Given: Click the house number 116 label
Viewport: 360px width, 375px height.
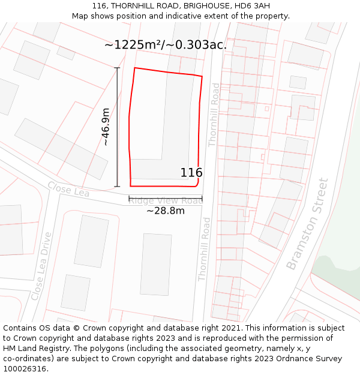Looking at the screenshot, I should point(191,173).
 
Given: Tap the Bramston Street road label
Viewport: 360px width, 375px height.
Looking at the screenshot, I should point(307,224).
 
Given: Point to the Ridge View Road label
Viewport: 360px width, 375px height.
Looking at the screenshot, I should point(165,201).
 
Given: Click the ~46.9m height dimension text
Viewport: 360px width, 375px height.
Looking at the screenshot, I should point(106,127).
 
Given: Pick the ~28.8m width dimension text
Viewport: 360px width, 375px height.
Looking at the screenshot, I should point(165,211).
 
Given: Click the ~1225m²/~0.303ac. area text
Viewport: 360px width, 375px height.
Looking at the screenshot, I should point(166,45).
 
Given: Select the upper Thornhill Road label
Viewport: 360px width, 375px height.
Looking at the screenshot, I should point(214,115).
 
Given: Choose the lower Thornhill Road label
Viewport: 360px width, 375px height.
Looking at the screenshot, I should point(204,249).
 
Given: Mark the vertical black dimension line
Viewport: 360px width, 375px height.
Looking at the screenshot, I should point(117,127).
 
